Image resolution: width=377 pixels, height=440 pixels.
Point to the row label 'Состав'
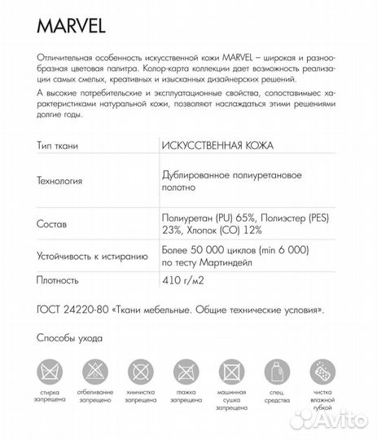[x=53, y=222]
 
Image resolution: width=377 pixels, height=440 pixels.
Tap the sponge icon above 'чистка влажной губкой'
[x=323, y=371]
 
